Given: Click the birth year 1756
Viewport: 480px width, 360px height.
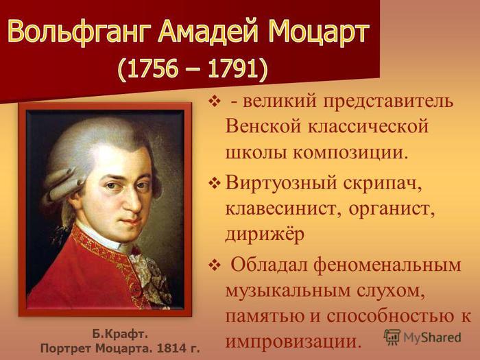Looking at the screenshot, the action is (x=152, y=68).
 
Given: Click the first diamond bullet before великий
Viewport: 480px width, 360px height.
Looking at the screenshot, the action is (x=214, y=101).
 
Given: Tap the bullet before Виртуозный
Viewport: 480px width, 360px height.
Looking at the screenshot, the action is (x=214, y=184).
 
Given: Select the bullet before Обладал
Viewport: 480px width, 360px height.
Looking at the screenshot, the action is (x=214, y=265).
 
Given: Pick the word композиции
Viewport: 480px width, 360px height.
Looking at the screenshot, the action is (x=351, y=152).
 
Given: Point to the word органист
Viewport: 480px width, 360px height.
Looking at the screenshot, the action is (x=392, y=209).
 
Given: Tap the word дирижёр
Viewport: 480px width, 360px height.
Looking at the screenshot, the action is (x=265, y=235).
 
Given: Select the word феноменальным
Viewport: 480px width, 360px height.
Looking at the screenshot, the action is (x=387, y=265).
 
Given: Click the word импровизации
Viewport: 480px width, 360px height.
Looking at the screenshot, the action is (x=291, y=340).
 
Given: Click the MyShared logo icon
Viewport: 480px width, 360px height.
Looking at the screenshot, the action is (x=392, y=337).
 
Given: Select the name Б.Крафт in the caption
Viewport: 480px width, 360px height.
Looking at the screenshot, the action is (x=120, y=335).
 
